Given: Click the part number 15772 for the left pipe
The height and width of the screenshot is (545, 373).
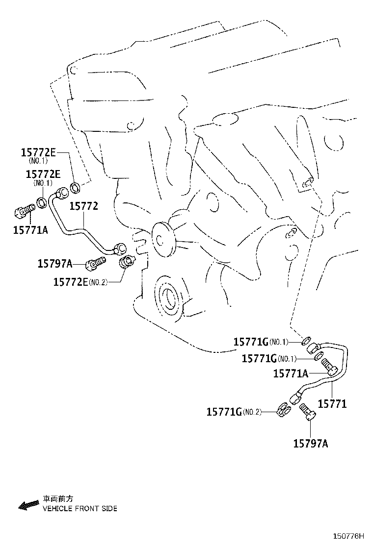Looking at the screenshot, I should (83, 206).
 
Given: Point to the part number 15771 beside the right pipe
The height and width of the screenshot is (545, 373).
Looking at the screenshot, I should (332, 404).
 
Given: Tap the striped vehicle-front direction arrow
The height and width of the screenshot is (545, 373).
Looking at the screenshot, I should (29, 505).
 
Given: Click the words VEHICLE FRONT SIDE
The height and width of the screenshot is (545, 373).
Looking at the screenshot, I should (80, 509).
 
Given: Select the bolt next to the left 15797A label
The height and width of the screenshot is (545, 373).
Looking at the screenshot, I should (95, 264).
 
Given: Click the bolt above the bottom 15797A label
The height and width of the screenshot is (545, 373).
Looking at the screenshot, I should (308, 412).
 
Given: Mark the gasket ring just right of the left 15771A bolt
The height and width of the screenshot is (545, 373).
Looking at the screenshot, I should (43, 202).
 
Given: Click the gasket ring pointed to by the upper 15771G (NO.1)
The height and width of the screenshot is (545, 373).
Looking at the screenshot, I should (305, 340).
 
